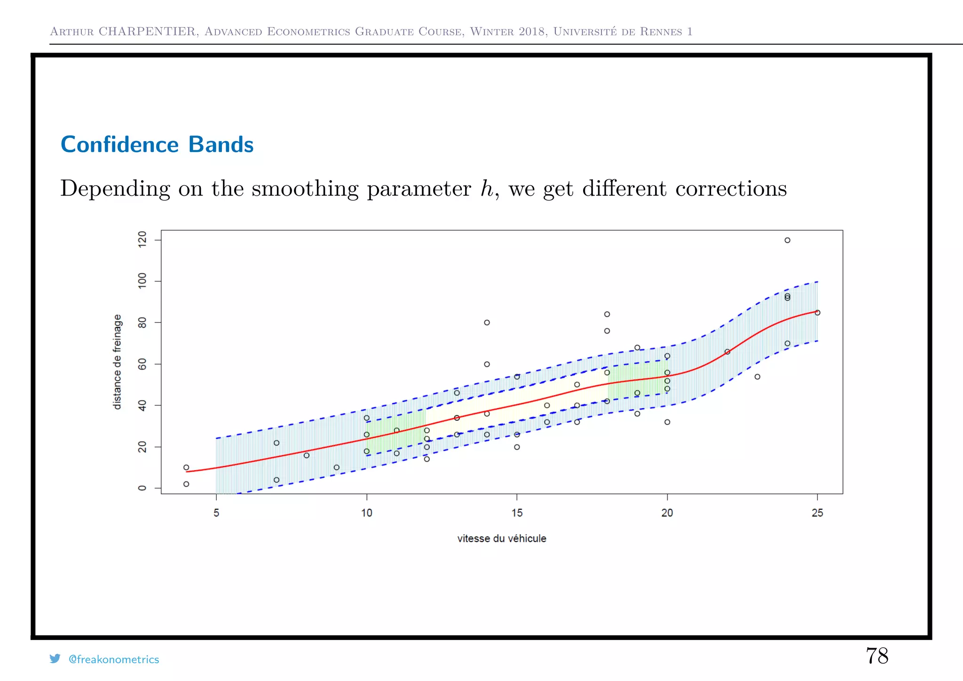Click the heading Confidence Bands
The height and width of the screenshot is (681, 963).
[157, 144]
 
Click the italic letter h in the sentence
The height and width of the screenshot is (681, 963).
[486, 189]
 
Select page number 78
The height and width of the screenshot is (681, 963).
[877, 656]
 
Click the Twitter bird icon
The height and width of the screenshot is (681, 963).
[55, 658]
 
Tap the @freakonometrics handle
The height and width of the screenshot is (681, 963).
[114, 659]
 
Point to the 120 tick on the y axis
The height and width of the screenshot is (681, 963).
[142, 240]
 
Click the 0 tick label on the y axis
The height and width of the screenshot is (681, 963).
[142, 488]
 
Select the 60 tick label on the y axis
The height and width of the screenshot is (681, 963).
[142, 364]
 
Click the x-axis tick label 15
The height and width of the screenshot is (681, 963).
[517, 513]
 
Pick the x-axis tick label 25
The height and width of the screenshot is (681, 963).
[817, 513]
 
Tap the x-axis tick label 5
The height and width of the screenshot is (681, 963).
[216, 513]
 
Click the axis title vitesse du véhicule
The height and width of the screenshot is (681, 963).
[502, 538]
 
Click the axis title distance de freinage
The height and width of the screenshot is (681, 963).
[118, 362]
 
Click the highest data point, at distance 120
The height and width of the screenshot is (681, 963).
[787, 240]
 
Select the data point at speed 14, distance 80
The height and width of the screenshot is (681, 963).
[487, 323]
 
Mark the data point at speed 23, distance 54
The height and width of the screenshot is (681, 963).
[757, 377]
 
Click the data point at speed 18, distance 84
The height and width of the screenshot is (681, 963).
[607, 314]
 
